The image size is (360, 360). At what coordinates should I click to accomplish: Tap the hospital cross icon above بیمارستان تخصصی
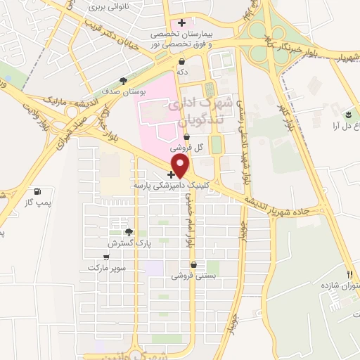pos(181,22)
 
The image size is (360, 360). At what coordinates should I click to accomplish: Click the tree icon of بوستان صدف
pos(124,80)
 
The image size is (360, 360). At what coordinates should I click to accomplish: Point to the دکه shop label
pos(181,71)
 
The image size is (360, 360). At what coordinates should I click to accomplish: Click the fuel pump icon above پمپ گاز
pos(37,191)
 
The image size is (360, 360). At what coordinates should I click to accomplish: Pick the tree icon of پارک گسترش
pos(128,232)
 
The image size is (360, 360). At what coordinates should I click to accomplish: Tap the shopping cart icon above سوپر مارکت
pos(114,257)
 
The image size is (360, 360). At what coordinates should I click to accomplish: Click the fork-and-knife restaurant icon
pos(349,274)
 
